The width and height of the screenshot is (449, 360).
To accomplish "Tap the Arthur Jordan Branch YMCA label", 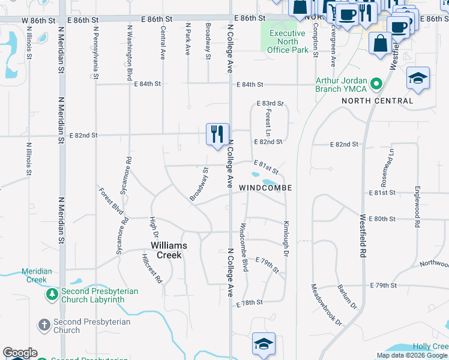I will pos(342,85).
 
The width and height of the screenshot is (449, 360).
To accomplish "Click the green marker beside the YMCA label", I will pos(377,83).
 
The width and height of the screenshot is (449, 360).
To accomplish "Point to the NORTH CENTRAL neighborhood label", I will pos(378,101).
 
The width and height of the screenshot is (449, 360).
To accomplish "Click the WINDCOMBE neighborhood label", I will pos(265,188).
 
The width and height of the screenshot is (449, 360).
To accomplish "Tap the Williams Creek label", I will pos(169,250).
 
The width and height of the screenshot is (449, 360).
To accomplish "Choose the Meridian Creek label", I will pos(37,275).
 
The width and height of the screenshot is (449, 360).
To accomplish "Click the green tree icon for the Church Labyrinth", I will pos(53,295).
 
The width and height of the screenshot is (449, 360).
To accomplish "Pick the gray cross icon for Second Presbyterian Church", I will pos(43,325).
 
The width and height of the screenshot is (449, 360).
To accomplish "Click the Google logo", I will pos(20,353).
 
